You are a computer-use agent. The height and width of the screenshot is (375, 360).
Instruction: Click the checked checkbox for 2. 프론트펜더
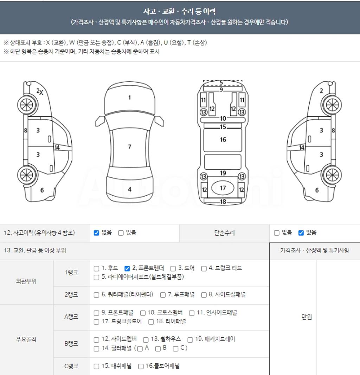[x=127, y=268]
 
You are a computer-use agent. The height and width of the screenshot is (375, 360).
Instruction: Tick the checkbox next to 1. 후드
[x=96, y=268]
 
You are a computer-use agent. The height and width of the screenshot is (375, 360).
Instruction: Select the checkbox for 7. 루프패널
[x=163, y=295]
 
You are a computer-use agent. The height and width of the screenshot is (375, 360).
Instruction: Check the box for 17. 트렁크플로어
[x=96, y=322]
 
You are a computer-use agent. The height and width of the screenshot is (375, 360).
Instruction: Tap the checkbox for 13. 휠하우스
[x=146, y=339]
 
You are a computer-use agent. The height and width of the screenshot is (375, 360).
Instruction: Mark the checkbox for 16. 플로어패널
[x=141, y=366]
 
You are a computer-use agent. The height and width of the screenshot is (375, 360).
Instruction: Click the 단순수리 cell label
[x=224, y=233]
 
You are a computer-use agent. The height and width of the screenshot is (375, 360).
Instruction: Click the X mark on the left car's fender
[x=41, y=93]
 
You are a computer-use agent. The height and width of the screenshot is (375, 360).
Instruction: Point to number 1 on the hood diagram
[x=130, y=97]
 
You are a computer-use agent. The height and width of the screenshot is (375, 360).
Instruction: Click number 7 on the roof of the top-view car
[x=130, y=147]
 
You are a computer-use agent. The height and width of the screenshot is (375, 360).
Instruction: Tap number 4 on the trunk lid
[x=130, y=189]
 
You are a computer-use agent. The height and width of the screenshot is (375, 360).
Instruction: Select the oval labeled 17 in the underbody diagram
[x=223, y=188]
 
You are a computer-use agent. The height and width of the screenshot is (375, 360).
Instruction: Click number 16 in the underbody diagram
[x=223, y=139]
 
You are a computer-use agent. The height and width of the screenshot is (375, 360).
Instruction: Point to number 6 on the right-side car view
[x=317, y=190]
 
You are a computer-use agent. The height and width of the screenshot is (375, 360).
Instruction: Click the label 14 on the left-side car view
[x=57, y=147]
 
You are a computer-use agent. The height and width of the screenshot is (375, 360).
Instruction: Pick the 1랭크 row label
[x=71, y=272]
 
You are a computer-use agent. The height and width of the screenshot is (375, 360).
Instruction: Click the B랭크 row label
[x=71, y=344]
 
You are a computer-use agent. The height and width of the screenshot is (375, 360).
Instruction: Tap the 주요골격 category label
[x=26, y=339]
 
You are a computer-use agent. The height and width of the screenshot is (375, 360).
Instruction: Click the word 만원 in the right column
[x=307, y=317]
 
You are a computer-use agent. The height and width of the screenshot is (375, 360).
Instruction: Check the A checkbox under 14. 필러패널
[x=140, y=349]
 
